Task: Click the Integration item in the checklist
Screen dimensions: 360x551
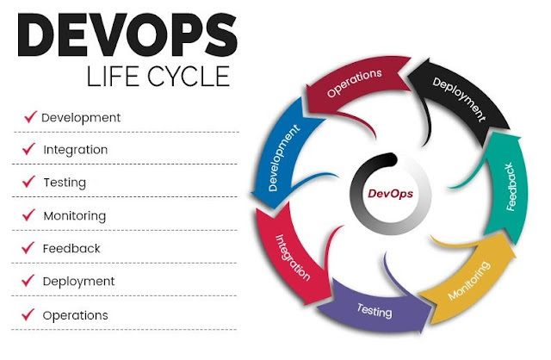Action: [x=76, y=150]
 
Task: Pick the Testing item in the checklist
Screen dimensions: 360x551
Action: [x=65, y=183]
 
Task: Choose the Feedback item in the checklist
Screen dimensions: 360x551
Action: [x=71, y=248]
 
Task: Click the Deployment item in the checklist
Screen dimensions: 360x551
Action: [x=78, y=281]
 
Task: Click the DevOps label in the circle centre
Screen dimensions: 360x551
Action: [x=390, y=194]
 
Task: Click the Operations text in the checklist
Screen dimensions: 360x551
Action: [x=76, y=315]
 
